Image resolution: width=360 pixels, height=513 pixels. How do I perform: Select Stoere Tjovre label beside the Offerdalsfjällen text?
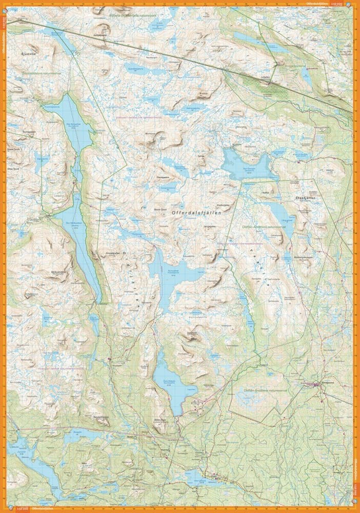(161, 209)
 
